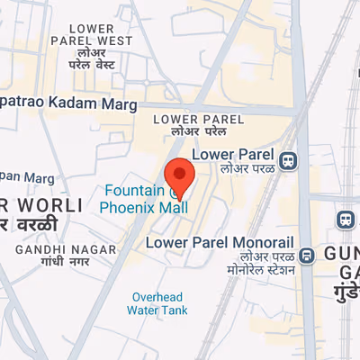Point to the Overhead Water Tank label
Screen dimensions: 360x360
pos(157,304)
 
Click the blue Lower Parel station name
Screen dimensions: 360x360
pos(244,154)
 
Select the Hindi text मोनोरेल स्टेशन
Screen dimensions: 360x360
pos(261,270)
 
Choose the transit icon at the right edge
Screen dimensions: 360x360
pos(345,220)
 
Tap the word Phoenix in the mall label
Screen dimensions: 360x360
pos(128,207)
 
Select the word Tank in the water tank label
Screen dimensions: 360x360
pos(172,310)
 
